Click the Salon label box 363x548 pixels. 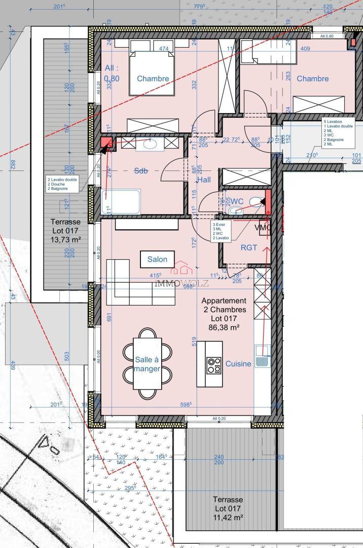157,259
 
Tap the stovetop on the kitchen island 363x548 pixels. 214,365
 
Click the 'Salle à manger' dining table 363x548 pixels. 148,364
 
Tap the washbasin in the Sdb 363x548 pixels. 150,144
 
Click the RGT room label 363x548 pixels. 248,248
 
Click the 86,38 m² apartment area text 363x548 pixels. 224,328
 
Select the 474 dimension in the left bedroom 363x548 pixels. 164,49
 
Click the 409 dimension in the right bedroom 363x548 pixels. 305,49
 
